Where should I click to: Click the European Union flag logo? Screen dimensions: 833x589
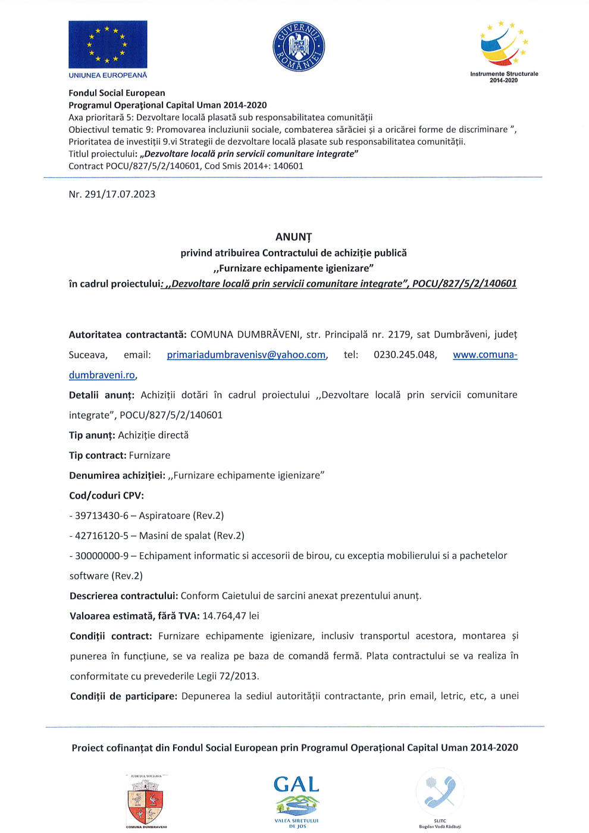tap(108, 45)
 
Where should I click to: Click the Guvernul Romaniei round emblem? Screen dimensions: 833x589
tap(299, 47)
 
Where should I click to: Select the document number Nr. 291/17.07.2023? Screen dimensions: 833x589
tap(112, 195)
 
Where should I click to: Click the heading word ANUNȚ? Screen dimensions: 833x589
tap(293, 237)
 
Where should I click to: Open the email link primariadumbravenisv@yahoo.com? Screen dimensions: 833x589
tap(246, 355)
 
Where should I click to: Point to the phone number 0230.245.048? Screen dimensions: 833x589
tap(405, 355)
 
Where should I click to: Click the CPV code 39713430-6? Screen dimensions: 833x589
tap(101, 516)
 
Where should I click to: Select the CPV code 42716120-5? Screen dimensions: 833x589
tap(101, 536)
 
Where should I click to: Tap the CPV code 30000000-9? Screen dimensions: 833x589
tap(101, 556)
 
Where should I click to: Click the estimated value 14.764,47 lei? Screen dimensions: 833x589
tap(231, 616)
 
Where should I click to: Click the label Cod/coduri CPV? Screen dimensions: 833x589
tap(106, 496)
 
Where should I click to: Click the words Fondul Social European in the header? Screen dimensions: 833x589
tap(117, 93)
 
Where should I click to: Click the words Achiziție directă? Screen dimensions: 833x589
tap(153, 436)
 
